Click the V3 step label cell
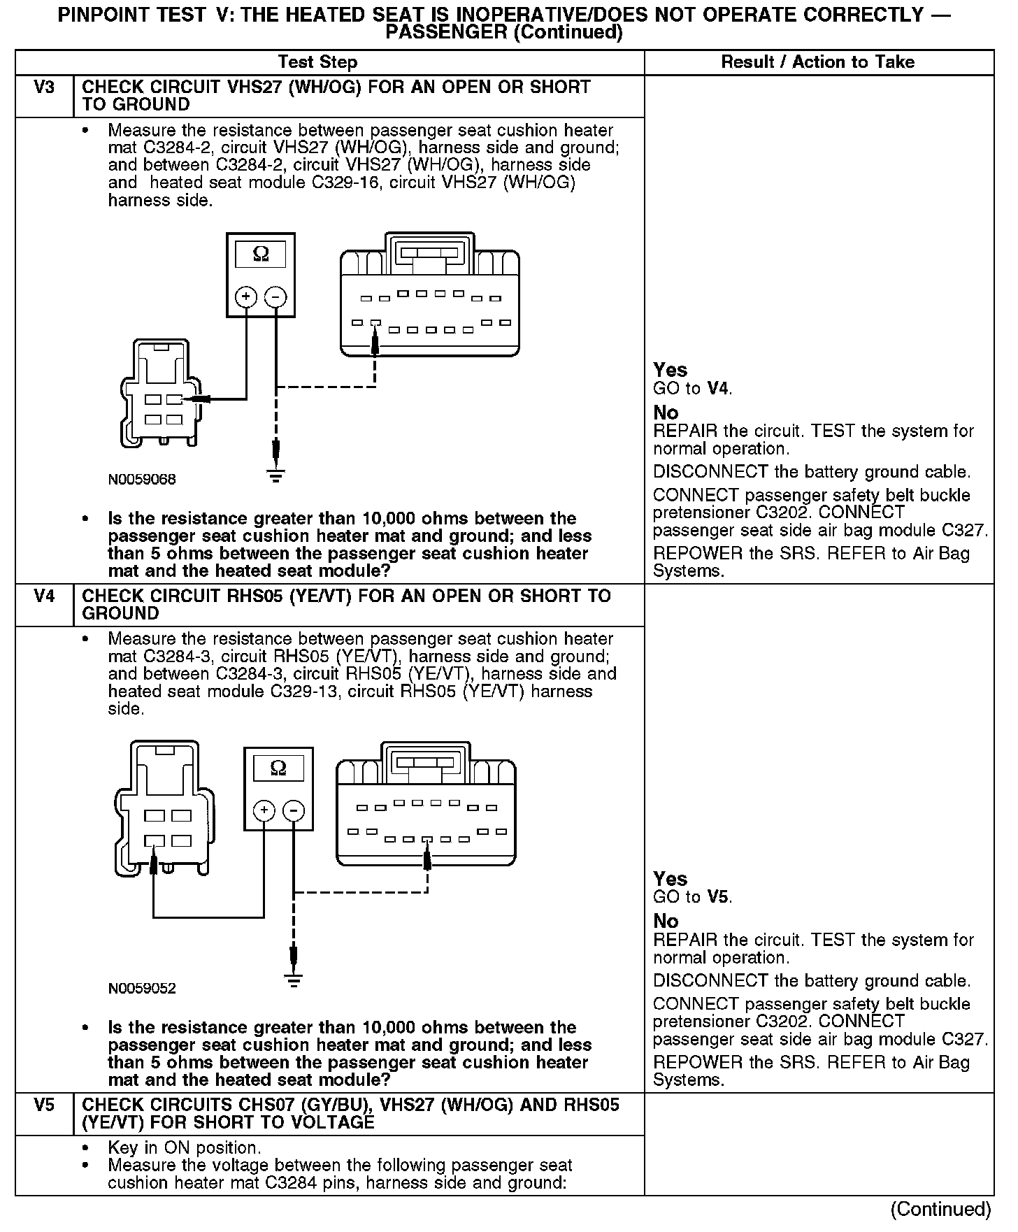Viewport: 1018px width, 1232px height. (44, 88)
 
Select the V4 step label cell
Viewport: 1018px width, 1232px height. (44, 596)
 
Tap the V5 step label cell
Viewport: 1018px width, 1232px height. (44, 1105)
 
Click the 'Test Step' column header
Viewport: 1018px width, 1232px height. (317, 62)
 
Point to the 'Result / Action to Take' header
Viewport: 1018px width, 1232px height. (817, 62)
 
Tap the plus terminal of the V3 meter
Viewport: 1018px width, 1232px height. (245, 297)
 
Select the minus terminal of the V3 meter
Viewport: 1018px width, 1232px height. (276, 297)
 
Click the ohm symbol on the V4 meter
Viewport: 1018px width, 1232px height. (278, 768)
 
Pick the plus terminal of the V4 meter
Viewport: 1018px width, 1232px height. (264, 811)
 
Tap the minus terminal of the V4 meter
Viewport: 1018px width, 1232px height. (294, 811)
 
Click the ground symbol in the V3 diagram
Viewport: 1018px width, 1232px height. (276, 476)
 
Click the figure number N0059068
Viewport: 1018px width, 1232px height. (142, 480)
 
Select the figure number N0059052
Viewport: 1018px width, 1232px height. (142, 989)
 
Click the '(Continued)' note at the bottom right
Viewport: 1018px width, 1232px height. (940, 1210)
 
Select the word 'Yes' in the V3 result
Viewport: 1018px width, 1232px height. (670, 370)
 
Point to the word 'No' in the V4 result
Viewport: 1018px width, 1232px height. (666, 921)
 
